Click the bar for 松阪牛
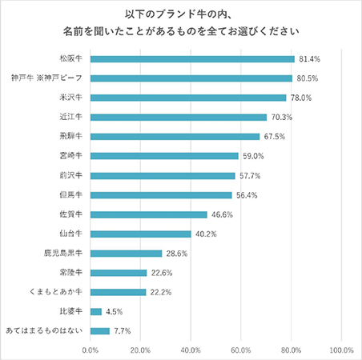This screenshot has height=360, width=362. (x=192, y=59)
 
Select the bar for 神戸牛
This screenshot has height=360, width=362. (x=191, y=78)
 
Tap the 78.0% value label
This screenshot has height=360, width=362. (x=300, y=98)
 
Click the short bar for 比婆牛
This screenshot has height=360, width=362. (x=96, y=311)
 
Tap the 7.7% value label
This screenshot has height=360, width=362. (x=121, y=330)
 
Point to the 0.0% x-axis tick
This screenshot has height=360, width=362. (x=90, y=350)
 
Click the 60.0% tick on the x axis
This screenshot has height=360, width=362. (x=241, y=350)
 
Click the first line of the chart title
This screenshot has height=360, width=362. (x=181, y=14)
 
